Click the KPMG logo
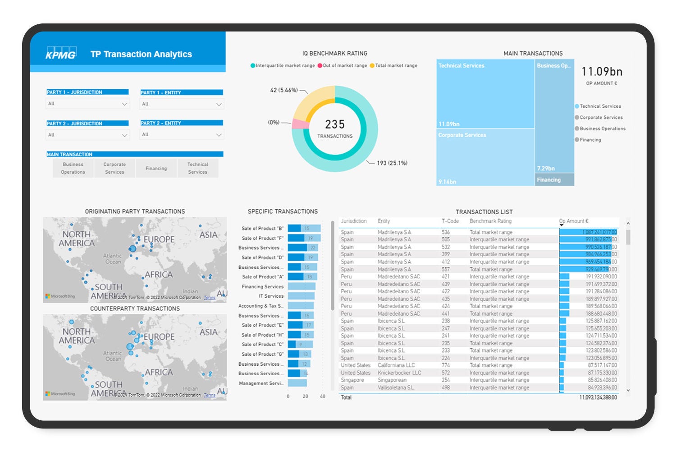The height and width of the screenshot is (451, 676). point(61,53)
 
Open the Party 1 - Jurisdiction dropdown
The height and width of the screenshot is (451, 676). point(88,104)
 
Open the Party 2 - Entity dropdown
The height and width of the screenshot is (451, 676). point(182,134)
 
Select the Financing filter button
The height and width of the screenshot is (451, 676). point(156,168)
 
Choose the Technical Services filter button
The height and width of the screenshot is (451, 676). point(198,168)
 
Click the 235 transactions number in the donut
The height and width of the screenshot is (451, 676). point(335,124)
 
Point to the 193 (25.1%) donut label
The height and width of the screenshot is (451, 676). point(392,163)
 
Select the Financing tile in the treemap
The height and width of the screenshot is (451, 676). point(554,180)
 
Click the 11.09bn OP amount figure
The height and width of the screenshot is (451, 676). point(602,72)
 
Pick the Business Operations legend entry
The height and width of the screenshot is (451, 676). point(602,129)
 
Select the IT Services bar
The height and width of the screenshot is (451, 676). point(301,296)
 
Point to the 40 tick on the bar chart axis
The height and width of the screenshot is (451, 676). point(323,396)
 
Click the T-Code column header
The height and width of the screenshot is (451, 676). point(450,221)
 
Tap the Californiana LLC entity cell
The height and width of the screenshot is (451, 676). point(396,365)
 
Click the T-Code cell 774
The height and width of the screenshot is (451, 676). point(446,365)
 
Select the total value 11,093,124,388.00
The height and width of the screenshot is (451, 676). point(598,397)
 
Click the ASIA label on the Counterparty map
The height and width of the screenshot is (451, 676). point(208,332)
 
